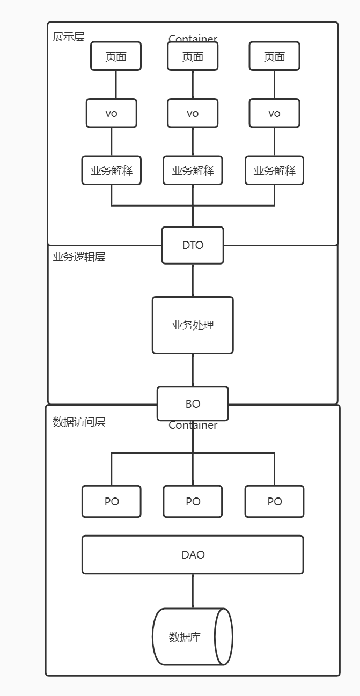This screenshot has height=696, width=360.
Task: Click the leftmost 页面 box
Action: click(x=116, y=56)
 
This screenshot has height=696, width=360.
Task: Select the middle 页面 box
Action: click(x=193, y=56)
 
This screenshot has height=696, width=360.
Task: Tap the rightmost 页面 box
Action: click(x=274, y=56)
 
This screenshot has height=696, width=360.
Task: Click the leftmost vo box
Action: click(x=112, y=113)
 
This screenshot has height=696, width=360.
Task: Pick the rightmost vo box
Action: click(x=274, y=113)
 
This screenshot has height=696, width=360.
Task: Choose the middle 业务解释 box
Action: click(x=193, y=171)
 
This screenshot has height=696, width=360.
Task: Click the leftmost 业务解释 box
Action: click(x=112, y=171)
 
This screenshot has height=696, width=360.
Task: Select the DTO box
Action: click(x=193, y=245)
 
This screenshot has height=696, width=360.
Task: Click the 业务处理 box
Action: click(x=193, y=325)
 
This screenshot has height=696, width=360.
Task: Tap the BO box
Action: click(x=193, y=404)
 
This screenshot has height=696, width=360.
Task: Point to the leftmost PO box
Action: click(x=112, y=502)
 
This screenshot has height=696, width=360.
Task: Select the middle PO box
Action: click(x=193, y=502)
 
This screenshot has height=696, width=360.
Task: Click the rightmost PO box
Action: click(x=274, y=502)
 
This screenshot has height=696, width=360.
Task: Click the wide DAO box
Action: click(x=193, y=555)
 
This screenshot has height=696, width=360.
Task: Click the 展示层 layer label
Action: click(x=68, y=37)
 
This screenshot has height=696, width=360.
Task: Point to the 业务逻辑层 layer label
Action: click(x=79, y=257)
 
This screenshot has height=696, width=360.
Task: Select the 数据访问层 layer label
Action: click(x=79, y=422)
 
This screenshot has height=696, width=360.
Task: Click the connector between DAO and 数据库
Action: click(x=193, y=591)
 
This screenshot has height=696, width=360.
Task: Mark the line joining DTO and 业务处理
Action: click(x=193, y=280)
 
